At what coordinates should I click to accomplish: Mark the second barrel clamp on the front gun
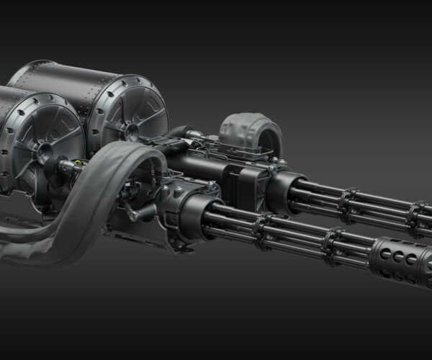coord(332,241)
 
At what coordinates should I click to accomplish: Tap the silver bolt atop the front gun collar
coord(210,186)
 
